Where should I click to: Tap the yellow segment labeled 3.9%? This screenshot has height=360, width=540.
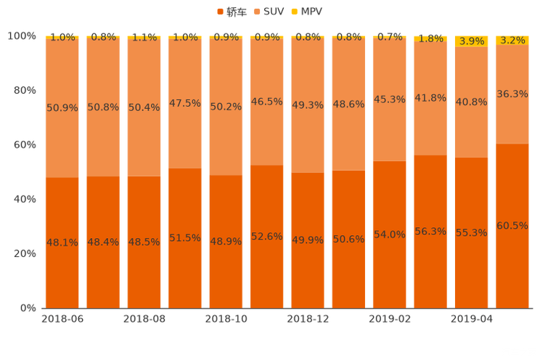tap(472, 42)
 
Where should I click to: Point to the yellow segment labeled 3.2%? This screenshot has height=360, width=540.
tap(512, 41)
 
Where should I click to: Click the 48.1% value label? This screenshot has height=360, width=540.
tap(62, 242)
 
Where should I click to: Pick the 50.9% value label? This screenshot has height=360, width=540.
tap(62, 107)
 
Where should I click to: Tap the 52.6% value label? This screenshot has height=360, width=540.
tap(266, 236)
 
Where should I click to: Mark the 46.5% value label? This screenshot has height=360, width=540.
tap(266, 102)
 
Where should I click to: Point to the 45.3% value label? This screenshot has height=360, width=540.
tap(389, 99)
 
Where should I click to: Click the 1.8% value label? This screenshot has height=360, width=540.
tap(430, 38)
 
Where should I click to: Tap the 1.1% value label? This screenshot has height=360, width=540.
tap(144, 37)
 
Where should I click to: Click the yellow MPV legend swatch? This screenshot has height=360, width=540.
tap(293, 12)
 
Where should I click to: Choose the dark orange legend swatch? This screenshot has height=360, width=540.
tap(220, 12)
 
